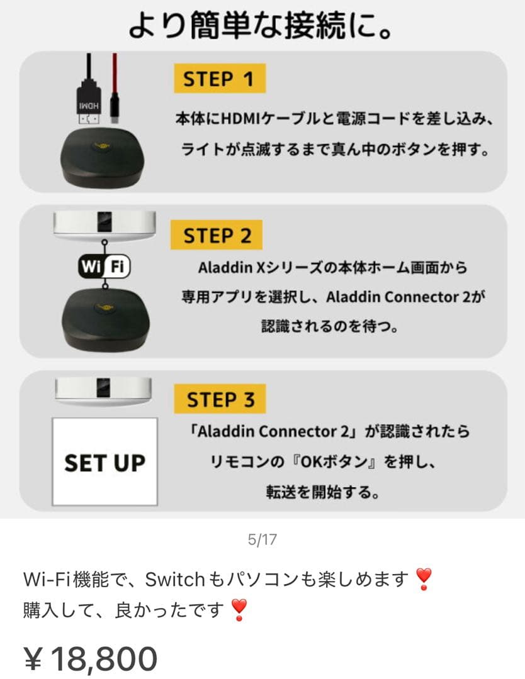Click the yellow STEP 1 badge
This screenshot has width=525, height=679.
coord(219,79)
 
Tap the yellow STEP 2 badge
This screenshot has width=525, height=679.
coord(217,236)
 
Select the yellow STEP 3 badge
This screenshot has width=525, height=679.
coord(220,399)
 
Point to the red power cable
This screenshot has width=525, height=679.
coord(115,88)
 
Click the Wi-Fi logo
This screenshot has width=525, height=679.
coord(104,267)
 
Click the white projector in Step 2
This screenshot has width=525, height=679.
coord(103,223)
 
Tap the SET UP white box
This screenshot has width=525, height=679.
coord(104,462)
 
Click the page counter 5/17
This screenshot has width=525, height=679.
coord(262,539)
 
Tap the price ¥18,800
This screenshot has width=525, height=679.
coord(91,658)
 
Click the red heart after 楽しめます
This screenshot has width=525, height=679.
coord(424,579)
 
